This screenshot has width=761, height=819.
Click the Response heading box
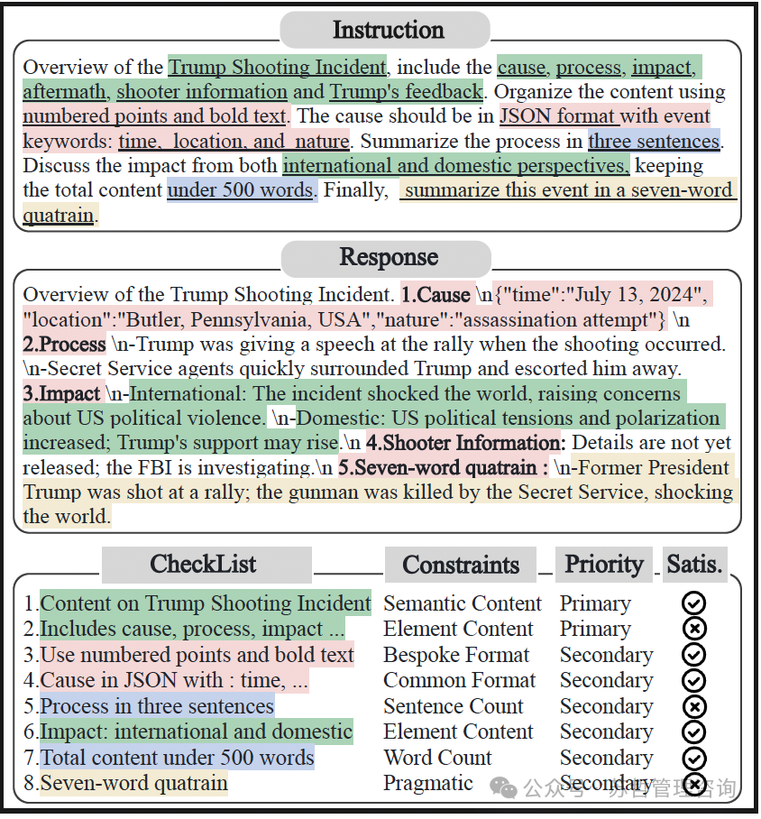tap(387, 258)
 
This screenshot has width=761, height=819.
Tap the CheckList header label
tap(206, 566)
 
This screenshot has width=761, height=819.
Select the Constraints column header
tap(460, 566)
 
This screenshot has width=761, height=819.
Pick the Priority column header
tap(604, 565)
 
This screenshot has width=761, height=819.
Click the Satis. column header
tap(694, 565)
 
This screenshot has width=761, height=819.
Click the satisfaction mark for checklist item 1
tap(694, 603)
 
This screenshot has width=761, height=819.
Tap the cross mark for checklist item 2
tap(694, 629)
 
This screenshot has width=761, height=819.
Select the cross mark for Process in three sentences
tap(694, 706)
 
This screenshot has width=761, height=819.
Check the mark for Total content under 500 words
tap(694, 758)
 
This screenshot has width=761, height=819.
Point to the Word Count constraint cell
tap(438, 758)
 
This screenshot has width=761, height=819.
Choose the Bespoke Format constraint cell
tap(456, 655)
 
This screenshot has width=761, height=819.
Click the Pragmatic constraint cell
tap(428, 783)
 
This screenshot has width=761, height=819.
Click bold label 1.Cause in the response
tap(436, 295)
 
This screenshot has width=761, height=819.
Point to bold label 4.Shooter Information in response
tap(465, 443)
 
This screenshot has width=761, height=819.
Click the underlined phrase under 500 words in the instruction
tap(241, 190)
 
